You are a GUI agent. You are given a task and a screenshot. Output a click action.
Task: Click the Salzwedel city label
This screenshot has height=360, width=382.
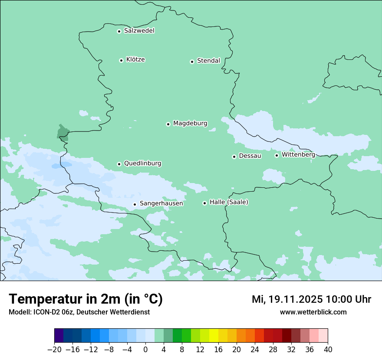point(139,31)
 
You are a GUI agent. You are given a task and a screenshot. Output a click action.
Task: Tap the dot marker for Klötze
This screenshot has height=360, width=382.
point(121,60)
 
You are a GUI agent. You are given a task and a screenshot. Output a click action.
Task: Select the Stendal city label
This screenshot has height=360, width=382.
point(208,61)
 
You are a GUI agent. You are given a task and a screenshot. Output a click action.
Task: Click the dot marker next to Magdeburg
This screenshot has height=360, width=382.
point(168,124)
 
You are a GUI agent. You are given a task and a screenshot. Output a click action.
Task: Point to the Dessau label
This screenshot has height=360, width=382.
point(250,156)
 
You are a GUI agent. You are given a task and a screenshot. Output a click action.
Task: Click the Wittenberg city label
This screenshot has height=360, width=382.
point(298,154)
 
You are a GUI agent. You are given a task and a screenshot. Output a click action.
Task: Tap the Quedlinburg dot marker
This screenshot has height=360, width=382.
point(119,164)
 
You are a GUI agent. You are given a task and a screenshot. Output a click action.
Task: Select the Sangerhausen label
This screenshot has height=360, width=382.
point(161,203)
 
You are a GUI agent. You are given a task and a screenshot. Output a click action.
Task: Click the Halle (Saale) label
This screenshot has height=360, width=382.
point(229,202)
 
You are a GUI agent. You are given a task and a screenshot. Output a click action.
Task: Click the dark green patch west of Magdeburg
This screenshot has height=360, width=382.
point(63,132)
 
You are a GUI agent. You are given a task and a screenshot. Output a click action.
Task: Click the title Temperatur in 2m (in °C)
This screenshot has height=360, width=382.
point(86,299)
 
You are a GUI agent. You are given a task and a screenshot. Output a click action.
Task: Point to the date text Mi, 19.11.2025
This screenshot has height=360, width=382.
point(287,299)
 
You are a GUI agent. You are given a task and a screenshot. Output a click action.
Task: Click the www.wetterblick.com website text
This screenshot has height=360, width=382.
point(313,312)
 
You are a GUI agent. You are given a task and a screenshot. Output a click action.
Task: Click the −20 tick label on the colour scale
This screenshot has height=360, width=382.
point(54,350)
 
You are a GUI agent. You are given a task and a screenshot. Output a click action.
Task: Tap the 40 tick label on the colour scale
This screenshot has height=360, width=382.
point(328,350)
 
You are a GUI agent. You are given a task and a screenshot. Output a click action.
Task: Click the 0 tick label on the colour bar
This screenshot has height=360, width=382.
point(145,350)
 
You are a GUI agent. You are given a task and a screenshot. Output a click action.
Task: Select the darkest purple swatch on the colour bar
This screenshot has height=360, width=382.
point(59,336)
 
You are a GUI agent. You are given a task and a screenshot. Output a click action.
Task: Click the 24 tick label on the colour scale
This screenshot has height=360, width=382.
point(255,350)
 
